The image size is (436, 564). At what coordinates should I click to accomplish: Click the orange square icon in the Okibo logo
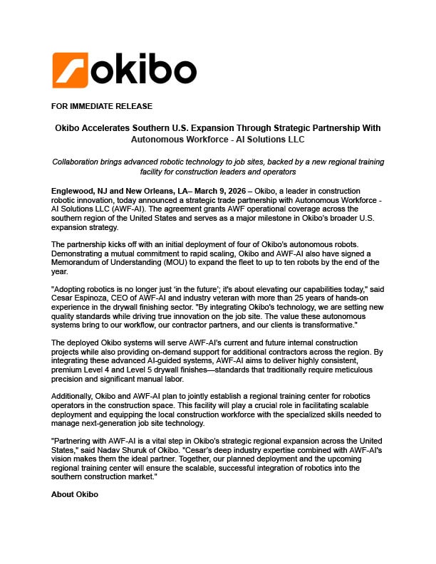point(70,70)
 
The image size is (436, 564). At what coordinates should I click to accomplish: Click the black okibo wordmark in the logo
point(144,70)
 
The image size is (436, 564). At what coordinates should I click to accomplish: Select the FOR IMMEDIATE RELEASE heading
point(102,107)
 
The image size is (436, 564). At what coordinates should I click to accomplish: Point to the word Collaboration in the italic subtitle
point(81,162)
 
